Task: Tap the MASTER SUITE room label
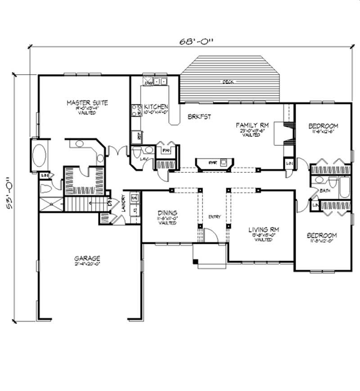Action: pos(87,103)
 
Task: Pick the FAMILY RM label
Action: pos(253,126)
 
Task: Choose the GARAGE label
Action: pos(87,258)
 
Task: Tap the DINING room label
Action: pos(167,213)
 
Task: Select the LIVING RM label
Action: pos(264,229)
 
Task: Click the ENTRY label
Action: pos(214,217)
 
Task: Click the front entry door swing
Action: pos(210,235)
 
